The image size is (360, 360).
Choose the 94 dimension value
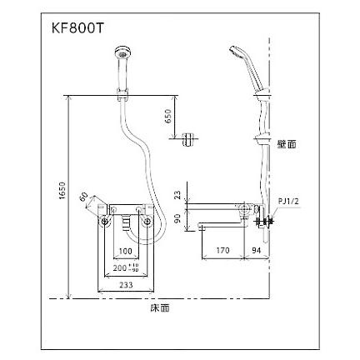[260, 248]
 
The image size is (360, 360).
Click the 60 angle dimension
[85, 198]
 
